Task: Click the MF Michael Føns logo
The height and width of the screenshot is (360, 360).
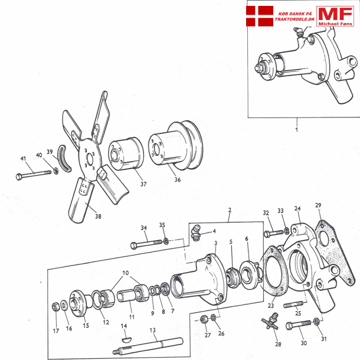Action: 335,17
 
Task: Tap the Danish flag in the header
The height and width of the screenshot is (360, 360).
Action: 260,16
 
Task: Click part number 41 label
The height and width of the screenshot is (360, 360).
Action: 23,159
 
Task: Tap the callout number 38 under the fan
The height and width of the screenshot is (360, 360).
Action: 98,216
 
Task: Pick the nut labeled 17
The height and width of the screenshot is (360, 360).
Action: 55,306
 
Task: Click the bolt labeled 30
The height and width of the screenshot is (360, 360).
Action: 300,325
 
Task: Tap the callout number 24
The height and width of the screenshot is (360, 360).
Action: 297,208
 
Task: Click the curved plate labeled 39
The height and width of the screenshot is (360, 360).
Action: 63,161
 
